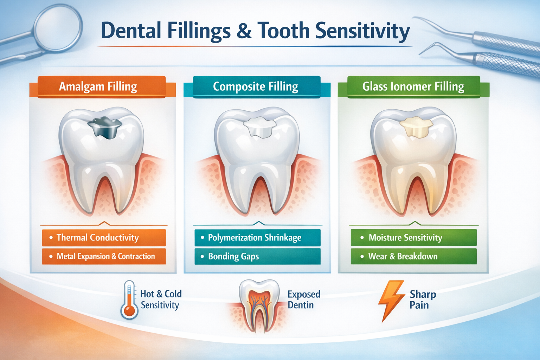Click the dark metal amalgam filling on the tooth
pyautogui.click(x=105, y=127)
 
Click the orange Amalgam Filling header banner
pyautogui.click(x=101, y=86)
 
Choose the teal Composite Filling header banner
pyautogui.click(x=256, y=86)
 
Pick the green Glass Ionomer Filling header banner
pyautogui.click(x=413, y=86)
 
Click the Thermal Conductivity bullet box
pyautogui.click(x=103, y=238)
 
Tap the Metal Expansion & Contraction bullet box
pyautogui.click(x=103, y=256)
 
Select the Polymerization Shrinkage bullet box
pyautogui.click(x=257, y=238)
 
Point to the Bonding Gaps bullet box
pyautogui.click(x=257, y=256)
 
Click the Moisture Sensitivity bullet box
pyautogui.click(x=413, y=238)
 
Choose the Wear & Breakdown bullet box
pyautogui.click(x=413, y=256)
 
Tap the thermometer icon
pyautogui.click(x=129, y=300)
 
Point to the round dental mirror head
pyautogui.click(x=58, y=26)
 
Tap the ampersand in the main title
pyautogui.click(x=244, y=31)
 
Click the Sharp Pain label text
pyautogui.click(x=423, y=300)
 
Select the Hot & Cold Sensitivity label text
pyautogui.click(x=161, y=300)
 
